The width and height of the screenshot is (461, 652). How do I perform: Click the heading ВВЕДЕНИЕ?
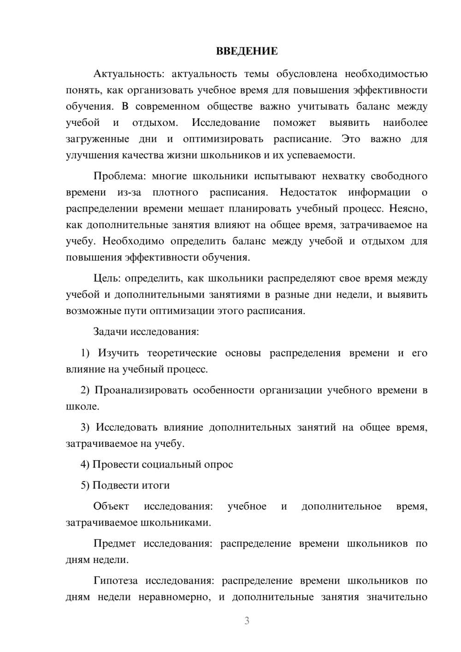[247, 51]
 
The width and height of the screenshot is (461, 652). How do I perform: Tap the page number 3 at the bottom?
[247, 621]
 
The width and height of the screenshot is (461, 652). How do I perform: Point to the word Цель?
[107, 279]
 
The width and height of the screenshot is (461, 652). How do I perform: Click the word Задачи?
[111, 332]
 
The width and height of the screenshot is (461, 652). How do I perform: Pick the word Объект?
[111, 506]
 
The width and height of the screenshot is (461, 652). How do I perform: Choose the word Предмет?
[114, 544]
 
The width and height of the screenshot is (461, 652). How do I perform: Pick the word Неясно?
[408, 209]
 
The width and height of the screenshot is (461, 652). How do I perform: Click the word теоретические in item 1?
[182, 353]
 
